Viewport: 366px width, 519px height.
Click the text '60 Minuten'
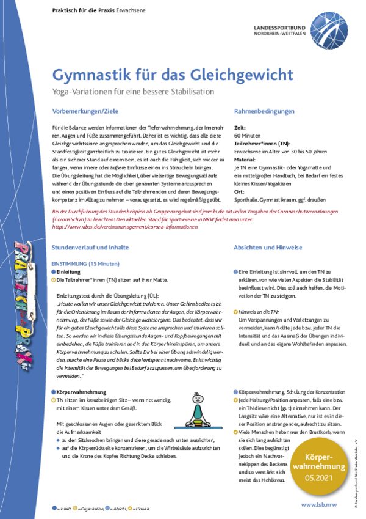coord(247,133)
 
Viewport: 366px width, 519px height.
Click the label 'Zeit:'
coord(240,127)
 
